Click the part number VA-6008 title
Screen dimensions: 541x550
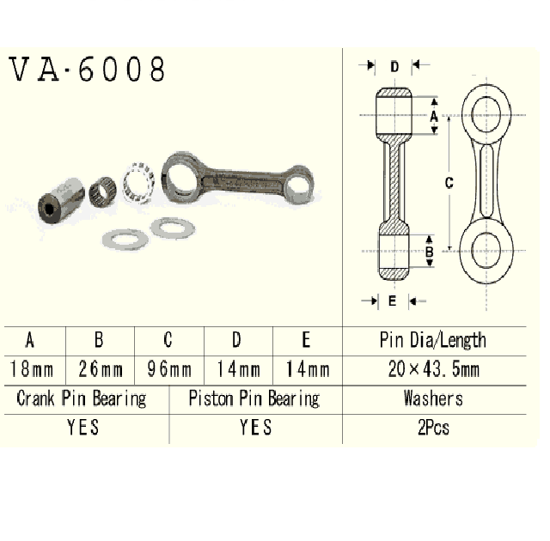[87, 70]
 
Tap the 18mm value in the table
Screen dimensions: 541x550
[32, 370]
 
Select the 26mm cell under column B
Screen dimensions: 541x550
[101, 370]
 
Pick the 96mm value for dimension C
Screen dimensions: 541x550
[168, 370]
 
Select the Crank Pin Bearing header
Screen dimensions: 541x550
[82, 398]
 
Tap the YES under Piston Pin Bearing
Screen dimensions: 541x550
[255, 427]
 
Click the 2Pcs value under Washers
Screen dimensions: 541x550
[433, 428]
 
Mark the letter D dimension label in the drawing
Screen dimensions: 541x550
[394, 66]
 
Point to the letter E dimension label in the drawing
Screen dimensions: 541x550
[392, 301]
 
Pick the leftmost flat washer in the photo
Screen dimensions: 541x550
[124, 238]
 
